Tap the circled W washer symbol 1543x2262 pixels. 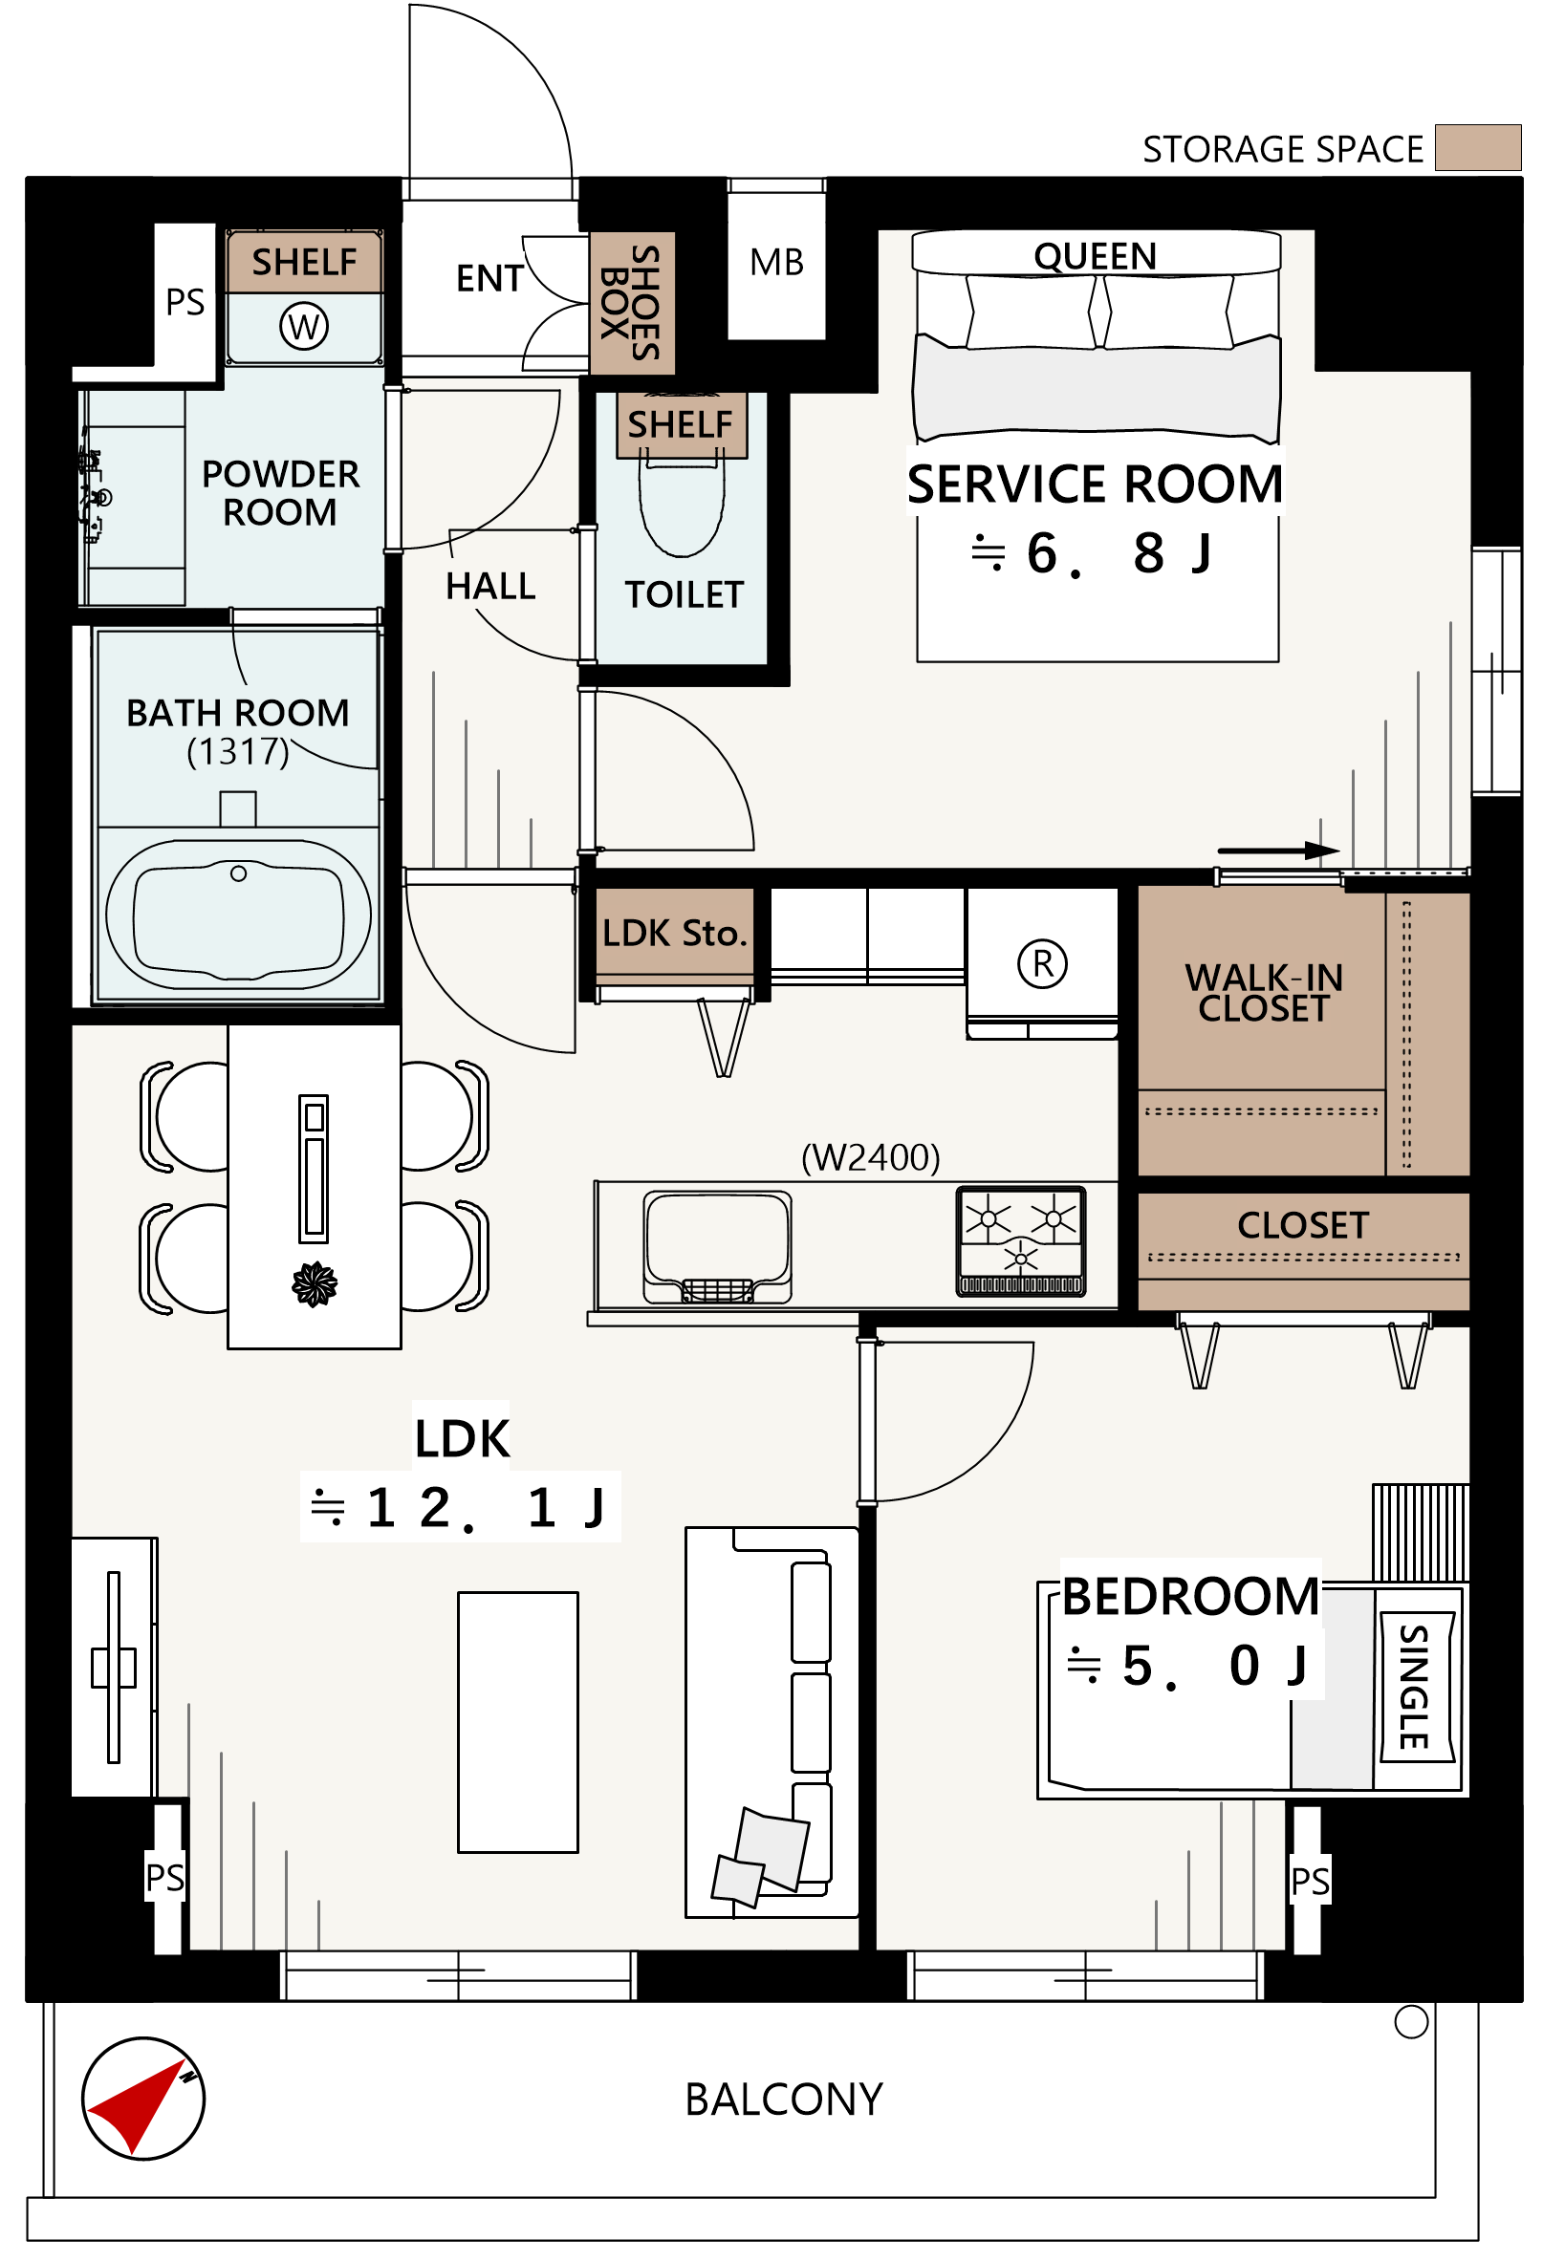coord(305,327)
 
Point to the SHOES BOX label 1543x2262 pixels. coord(632,304)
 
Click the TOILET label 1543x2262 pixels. coord(685,595)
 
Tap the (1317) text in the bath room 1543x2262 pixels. coord(238,753)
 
